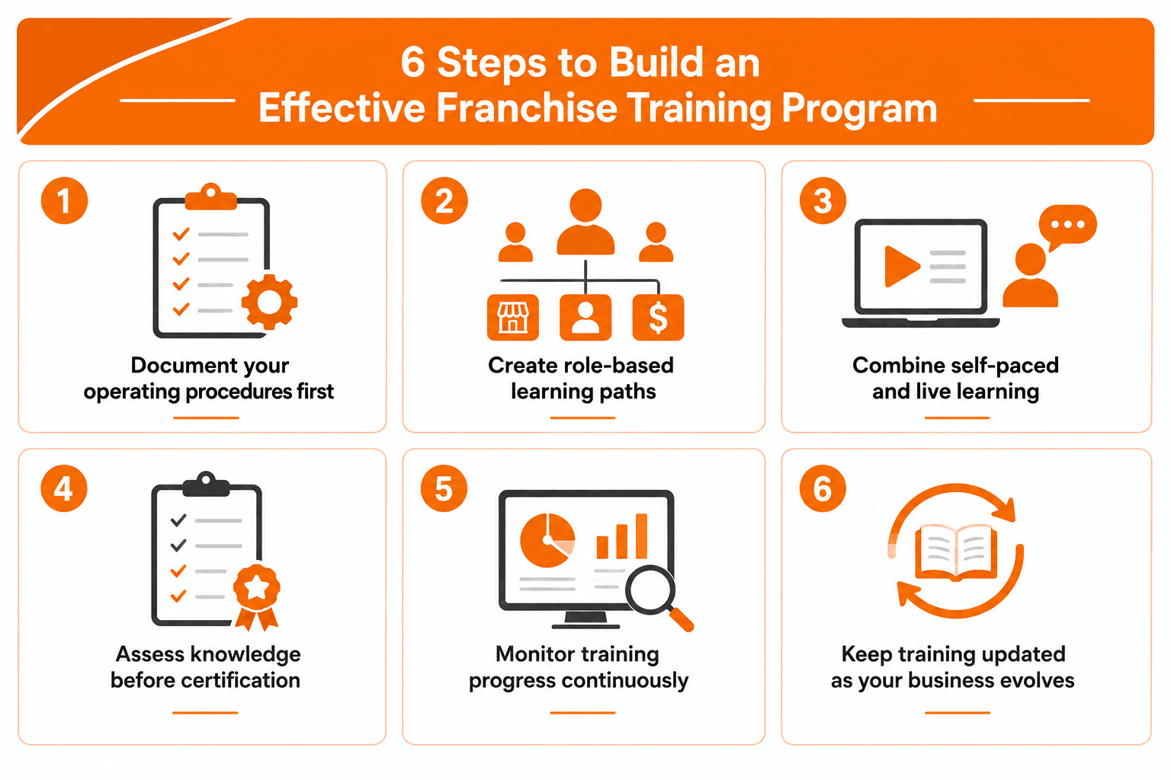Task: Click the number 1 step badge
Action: pos(64,200)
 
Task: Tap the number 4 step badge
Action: pos(64,488)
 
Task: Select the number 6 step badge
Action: pos(823,488)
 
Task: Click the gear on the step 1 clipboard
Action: pos(269,302)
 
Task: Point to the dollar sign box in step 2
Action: pos(658,317)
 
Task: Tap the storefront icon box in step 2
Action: pos(513,317)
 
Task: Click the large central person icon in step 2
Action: pos(585,222)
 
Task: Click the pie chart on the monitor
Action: pos(547,540)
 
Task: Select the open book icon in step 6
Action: pos(956,553)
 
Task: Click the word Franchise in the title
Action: pos(527,108)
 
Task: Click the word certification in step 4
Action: pos(244,681)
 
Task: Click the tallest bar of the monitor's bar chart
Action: pos(641,536)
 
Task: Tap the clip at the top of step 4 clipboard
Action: pos(206,484)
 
